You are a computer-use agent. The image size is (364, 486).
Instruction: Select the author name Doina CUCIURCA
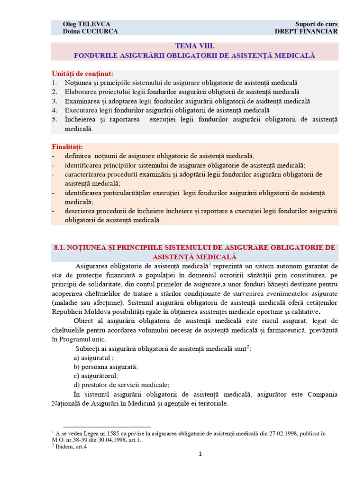point(90,31)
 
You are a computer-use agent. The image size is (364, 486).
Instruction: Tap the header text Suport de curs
point(316,24)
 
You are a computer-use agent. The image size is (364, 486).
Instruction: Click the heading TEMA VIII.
point(195,47)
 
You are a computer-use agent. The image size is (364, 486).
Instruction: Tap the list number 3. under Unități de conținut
point(55,101)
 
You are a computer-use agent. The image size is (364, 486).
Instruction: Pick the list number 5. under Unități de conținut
point(55,120)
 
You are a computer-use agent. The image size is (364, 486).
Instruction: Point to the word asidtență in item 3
point(270,101)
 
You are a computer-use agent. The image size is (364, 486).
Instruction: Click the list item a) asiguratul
point(93,357)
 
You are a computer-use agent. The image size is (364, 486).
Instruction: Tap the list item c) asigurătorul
point(96,376)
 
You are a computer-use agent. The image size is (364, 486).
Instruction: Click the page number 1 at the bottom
point(200,454)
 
